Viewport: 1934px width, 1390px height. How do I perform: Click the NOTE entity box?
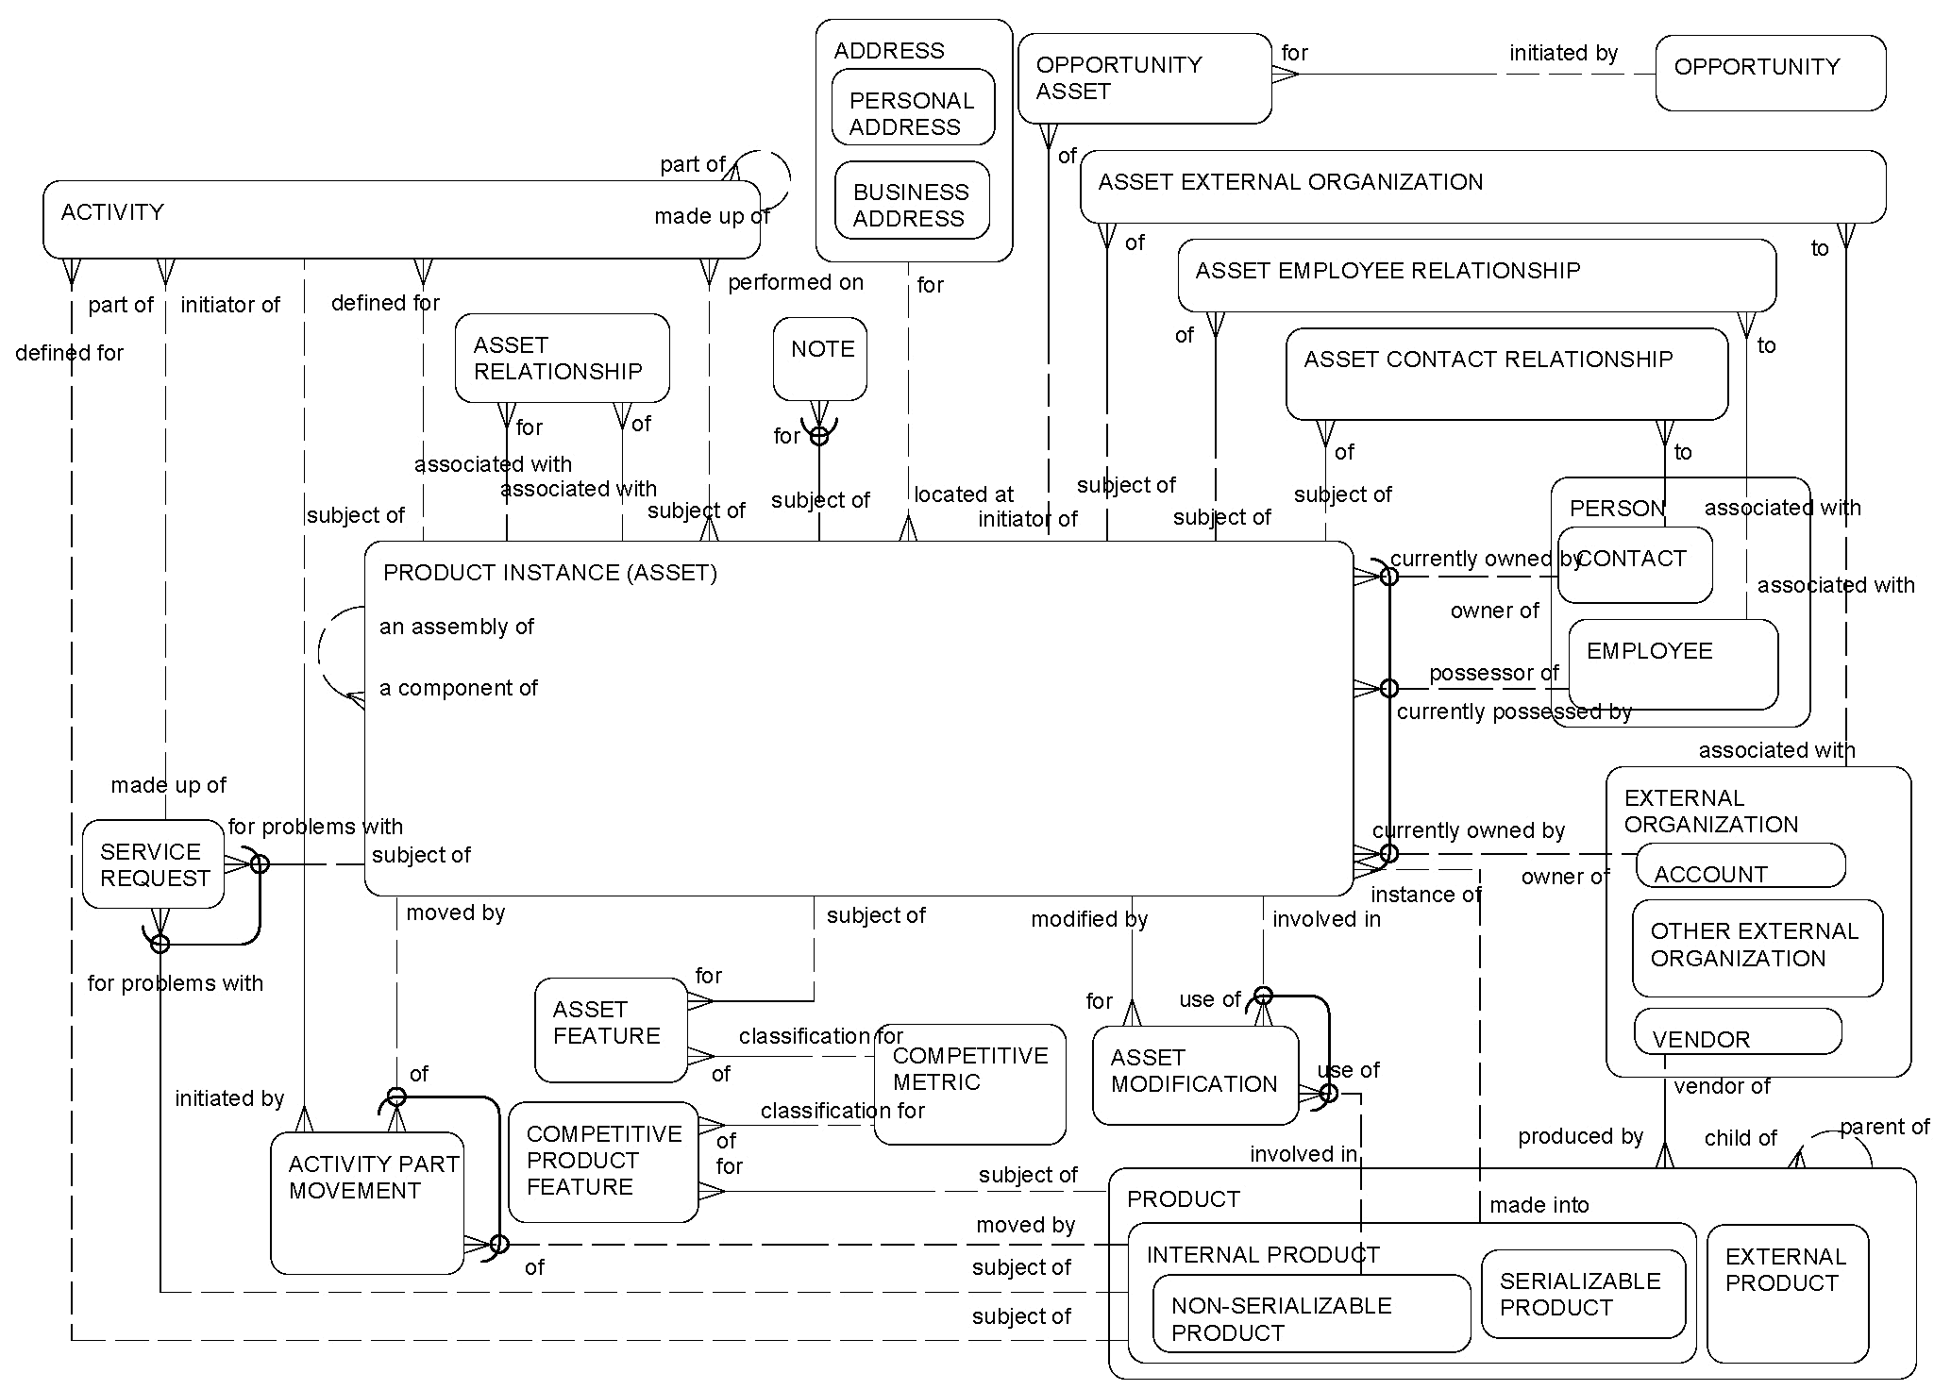(x=819, y=360)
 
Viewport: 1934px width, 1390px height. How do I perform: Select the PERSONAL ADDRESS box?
(x=913, y=108)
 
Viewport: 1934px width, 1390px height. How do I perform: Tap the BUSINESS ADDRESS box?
(x=912, y=201)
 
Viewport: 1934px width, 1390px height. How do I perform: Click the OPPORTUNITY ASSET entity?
(x=1144, y=79)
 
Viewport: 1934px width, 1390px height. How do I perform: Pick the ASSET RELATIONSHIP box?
(x=562, y=359)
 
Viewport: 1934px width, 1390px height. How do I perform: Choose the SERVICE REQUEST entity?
(x=153, y=865)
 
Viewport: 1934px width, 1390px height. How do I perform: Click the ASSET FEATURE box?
(x=610, y=1030)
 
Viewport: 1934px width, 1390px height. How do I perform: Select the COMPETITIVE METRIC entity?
(x=969, y=1083)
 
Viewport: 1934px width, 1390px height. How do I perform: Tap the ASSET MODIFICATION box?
(x=1195, y=1075)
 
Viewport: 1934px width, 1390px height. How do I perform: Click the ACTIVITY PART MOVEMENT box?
(x=367, y=1203)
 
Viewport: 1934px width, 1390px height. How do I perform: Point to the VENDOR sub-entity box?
(x=1737, y=1032)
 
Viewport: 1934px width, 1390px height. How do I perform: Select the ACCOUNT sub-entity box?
(x=1740, y=866)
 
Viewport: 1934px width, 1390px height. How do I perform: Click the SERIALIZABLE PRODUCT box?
(x=1583, y=1294)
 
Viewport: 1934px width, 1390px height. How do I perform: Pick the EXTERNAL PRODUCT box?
(x=1787, y=1294)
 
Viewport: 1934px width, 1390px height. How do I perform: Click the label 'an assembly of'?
(x=457, y=628)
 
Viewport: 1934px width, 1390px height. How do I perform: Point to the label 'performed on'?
(x=795, y=282)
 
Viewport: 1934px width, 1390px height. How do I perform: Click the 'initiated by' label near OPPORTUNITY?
(x=1563, y=54)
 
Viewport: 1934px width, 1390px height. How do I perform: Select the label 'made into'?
(x=1539, y=1205)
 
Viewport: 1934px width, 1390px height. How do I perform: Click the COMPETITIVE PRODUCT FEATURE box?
(x=603, y=1162)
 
